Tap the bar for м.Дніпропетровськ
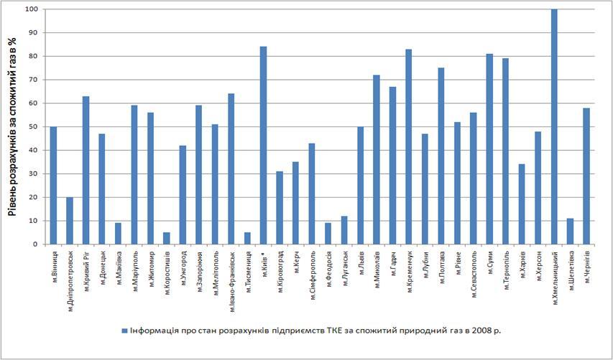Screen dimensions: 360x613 [x=70, y=221]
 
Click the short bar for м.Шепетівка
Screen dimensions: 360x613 [x=570, y=231]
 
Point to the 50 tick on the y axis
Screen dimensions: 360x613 [x=32, y=127]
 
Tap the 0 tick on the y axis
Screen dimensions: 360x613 [x=34, y=244]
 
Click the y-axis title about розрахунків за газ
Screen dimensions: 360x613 [x=12, y=126]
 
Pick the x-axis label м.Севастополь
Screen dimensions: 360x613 [x=474, y=272]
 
